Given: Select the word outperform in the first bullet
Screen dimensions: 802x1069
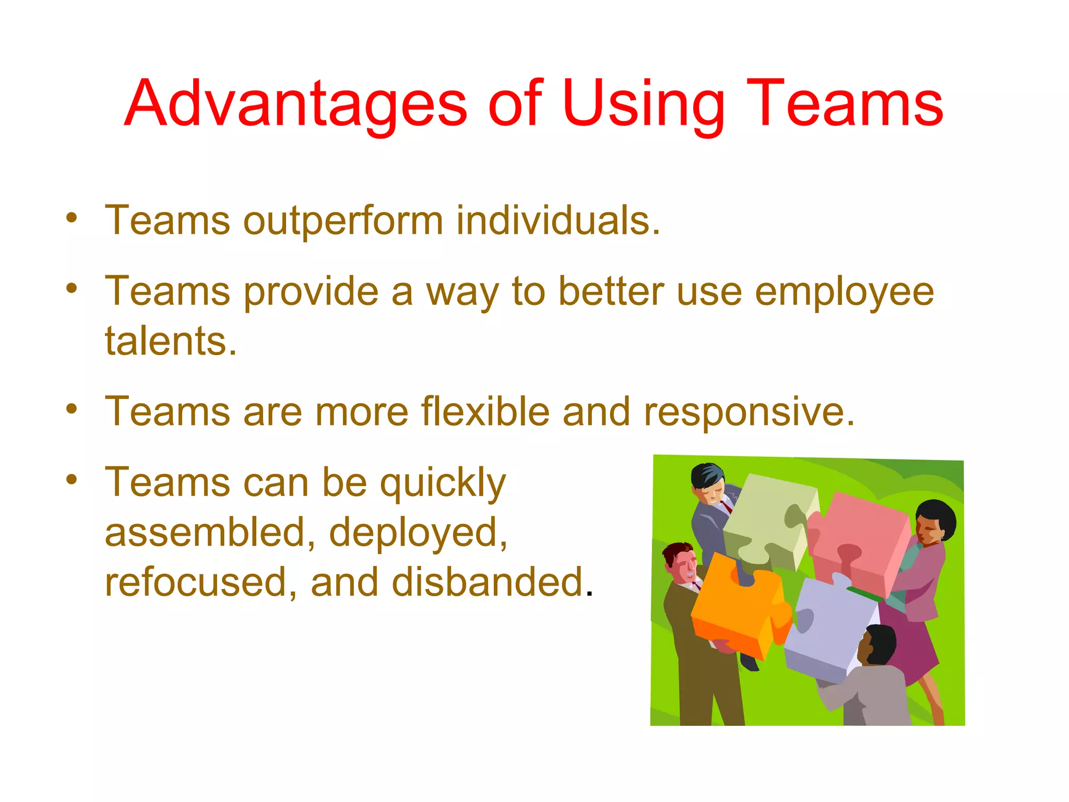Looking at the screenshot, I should [343, 221].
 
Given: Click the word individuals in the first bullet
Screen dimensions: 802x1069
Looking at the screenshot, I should [557, 221].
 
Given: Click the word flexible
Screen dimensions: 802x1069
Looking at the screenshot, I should [485, 412].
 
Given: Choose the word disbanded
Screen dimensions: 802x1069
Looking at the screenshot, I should [488, 582].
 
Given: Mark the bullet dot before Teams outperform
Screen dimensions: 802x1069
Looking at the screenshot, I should [72, 218].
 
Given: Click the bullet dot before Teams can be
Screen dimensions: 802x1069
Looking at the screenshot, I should [72, 479].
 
